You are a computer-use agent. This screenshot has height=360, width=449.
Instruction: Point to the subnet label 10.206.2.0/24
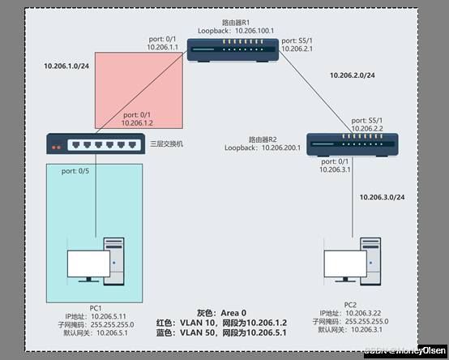point(353,75)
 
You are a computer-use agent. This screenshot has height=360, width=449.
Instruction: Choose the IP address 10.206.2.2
point(366,128)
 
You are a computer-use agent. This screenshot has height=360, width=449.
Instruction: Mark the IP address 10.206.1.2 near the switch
point(138,122)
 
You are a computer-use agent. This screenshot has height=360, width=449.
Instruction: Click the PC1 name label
point(95,307)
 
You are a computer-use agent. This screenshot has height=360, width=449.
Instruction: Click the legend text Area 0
point(232,313)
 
